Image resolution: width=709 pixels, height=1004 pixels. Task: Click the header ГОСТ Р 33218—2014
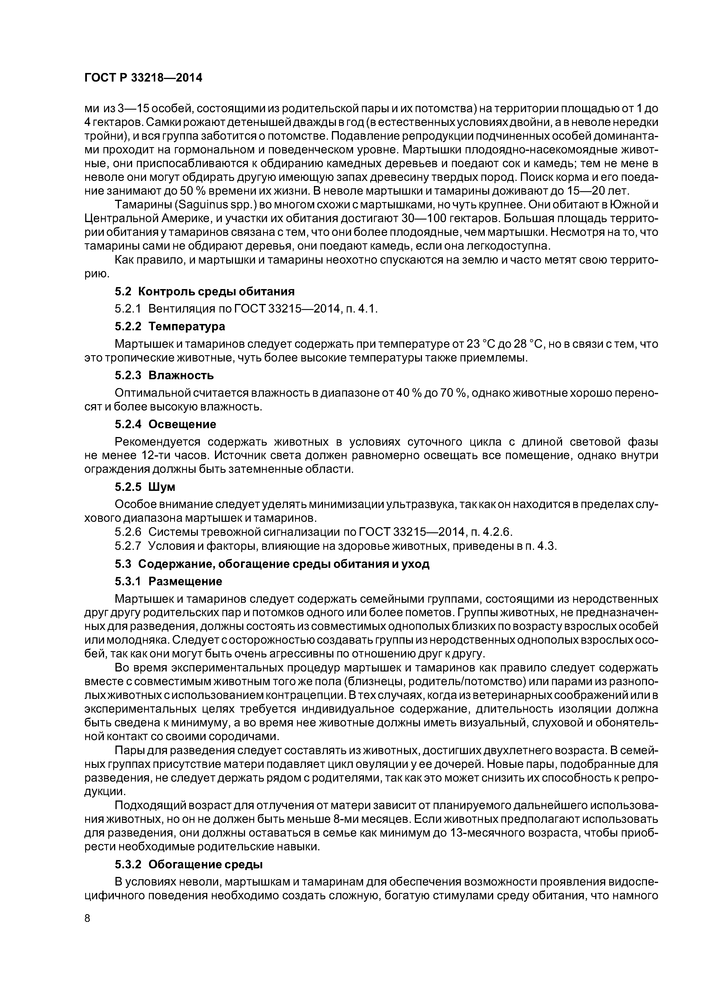coord(143,78)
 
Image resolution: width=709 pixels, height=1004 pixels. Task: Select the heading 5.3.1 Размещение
coord(169,581)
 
